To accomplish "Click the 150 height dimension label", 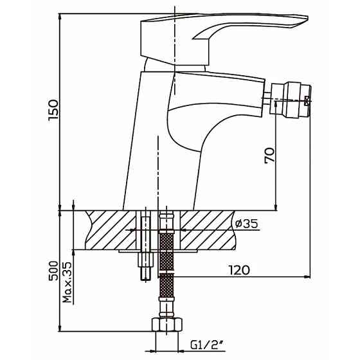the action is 53,110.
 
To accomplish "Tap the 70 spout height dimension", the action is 269,156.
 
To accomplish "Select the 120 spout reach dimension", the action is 239,270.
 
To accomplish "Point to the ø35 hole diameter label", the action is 246,224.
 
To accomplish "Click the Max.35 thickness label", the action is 67,282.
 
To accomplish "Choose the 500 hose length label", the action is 53,271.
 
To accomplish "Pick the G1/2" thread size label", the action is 207,345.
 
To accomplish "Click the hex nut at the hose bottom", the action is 167,325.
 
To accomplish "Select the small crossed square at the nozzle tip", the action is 307,101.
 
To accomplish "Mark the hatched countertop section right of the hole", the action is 208,230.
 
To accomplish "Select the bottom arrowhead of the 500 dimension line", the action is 60,328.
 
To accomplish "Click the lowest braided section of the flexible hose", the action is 166,285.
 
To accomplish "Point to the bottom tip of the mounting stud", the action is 145,280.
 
